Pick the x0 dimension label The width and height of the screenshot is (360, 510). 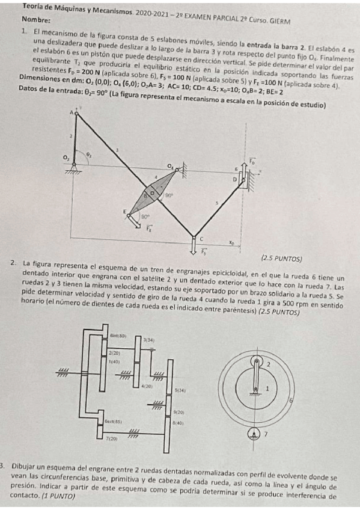coord(231,244)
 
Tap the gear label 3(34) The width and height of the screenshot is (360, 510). coord(149,340)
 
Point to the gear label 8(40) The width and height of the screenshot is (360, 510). coord(178,423)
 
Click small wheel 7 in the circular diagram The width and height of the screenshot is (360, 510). coord(257,432)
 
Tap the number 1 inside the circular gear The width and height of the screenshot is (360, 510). coord(268,389)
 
